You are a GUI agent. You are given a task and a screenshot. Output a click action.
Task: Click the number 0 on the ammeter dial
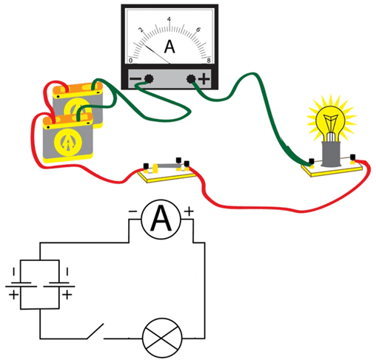click(131, 61)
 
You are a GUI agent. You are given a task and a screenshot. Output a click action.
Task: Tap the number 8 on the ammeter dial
click(209, 61)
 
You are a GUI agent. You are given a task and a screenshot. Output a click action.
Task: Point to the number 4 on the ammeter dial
click(169, 19)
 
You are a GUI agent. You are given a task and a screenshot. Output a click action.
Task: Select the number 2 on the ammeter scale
click(141, 30)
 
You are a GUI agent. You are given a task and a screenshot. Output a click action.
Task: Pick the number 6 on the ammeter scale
click(198, 30)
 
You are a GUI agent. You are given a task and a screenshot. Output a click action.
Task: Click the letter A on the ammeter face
click(169, 47)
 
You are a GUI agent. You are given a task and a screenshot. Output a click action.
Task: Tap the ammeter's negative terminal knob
click(149, 78)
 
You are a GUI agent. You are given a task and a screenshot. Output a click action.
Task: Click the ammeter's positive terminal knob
click(191, 79)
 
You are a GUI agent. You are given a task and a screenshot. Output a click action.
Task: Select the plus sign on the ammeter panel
click(204, 79)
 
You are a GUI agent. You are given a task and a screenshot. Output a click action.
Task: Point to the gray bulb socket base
click(331, 154)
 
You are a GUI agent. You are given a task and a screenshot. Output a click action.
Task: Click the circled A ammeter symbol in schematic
click(161, 219)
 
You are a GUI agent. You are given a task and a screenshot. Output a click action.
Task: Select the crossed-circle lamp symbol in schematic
click(162, 338)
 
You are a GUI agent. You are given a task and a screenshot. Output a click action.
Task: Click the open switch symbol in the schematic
click(95, 332)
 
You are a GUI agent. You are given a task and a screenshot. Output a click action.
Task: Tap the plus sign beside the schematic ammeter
click(189, 211)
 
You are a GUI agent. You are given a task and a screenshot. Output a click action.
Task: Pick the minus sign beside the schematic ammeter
click(132, 211)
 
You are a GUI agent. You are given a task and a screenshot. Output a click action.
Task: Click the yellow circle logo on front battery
click(68, 142)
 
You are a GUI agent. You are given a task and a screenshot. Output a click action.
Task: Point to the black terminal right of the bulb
click(353, 157)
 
